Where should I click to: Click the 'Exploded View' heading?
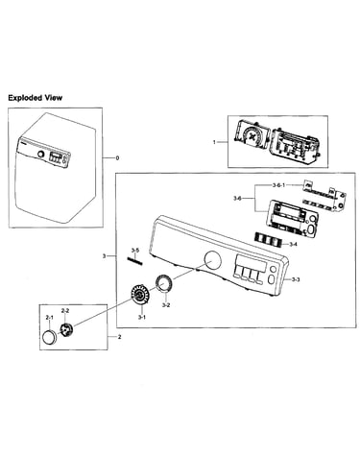36,98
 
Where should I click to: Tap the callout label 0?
117,158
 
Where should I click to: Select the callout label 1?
214,142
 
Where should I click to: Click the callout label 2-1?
49,317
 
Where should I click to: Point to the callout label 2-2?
65,310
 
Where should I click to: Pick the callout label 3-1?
142,317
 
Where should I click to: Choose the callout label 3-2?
166,305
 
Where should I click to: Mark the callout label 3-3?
296,279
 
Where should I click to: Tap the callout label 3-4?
293,244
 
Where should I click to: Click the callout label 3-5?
135,250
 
